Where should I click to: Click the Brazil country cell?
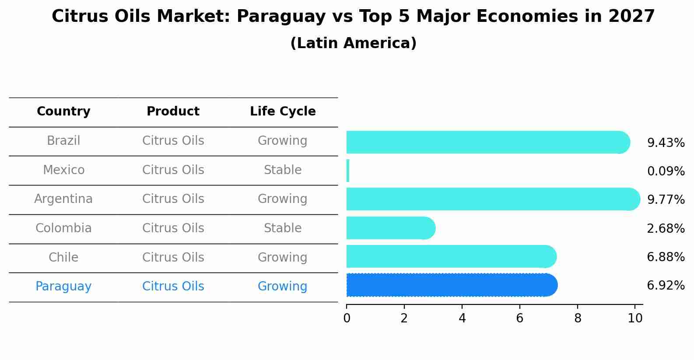click(63, 141)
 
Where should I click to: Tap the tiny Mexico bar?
click(348, 171)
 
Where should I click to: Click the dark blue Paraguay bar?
click(451, 285)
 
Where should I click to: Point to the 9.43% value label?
click(666, 143)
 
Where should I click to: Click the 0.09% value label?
click(666, 171)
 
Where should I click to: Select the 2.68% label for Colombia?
click(666, 228)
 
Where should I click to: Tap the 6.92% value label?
click(666, 286)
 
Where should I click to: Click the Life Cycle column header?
click(283, 112)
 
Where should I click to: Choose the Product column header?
click(173, 112)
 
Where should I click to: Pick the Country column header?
click(63, 112)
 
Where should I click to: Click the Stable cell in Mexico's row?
click(283, 170)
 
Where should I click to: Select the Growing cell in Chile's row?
click(283, 258)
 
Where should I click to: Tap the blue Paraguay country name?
click(63, 287)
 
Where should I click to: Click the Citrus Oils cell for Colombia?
click(173, 228)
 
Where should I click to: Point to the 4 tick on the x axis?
click(462, 318)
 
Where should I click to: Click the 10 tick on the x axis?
click(635, 318)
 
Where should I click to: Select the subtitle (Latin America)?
click(353, 43)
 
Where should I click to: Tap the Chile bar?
click(451, 256)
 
